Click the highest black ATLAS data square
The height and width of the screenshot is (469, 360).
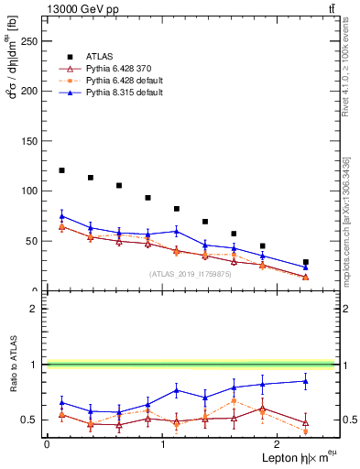[61, 170]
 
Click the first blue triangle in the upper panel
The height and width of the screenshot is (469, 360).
[61, 216]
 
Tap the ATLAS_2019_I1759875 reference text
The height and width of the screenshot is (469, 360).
[189, 274]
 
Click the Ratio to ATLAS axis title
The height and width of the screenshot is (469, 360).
[13, 387]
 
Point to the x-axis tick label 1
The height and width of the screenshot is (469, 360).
[162, 443]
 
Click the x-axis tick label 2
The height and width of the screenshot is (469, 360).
[278, 443]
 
